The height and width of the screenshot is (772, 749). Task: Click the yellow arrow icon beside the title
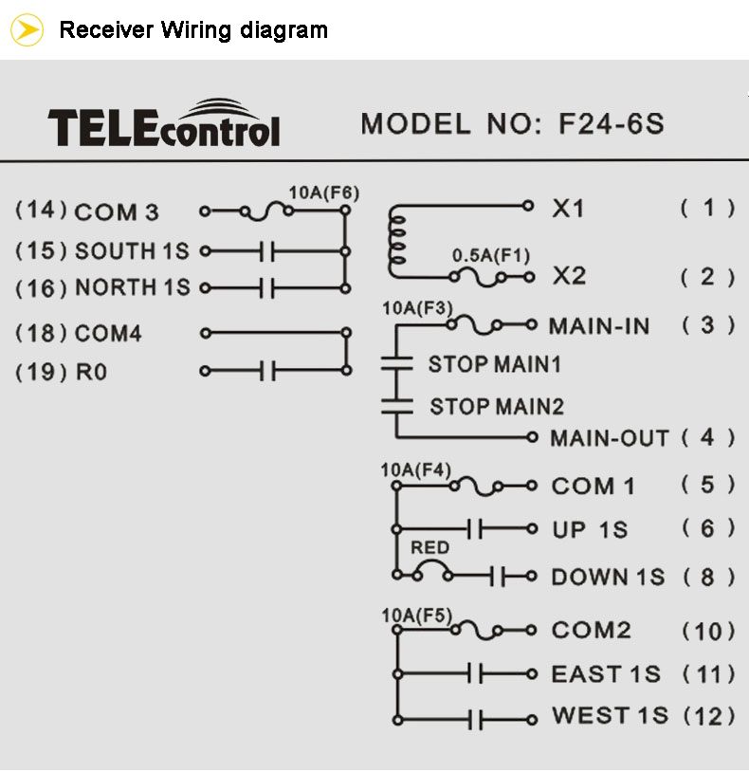(x=27, y=30)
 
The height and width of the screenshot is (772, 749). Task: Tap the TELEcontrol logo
(x=164, y=123)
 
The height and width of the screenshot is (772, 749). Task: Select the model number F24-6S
(x=612, y=123)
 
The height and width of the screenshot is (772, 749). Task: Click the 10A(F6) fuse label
(x=324, y=193)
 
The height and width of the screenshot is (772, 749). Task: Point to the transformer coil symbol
(x=397, y=241)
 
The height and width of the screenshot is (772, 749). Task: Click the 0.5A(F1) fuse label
(x=491, y=255)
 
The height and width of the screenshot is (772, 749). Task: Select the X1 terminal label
(x=568, y=209)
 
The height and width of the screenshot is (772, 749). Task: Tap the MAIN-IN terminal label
(x=599, y=326)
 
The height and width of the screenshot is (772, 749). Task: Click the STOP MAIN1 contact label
(x=495, y=364)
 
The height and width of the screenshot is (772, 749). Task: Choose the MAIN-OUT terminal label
(x=610, y=438)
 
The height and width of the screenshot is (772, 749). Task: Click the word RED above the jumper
(x=430, y=547)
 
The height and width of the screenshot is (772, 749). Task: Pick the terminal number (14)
(x=42, y=210)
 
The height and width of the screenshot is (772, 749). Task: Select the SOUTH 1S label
(x=132, y=251)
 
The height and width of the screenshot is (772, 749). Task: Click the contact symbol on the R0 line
(x=267, y=370)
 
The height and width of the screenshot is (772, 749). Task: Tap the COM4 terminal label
(x=108, y=333)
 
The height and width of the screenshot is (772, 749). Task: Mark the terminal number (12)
(x=709, y=716)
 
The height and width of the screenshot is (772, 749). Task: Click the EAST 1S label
(x=606, y=674)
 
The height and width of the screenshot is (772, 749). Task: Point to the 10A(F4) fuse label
(x=416, y=470)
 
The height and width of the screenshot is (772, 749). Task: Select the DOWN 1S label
(x=608, y=577)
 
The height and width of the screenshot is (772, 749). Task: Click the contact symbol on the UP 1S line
(x=474, y=529)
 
